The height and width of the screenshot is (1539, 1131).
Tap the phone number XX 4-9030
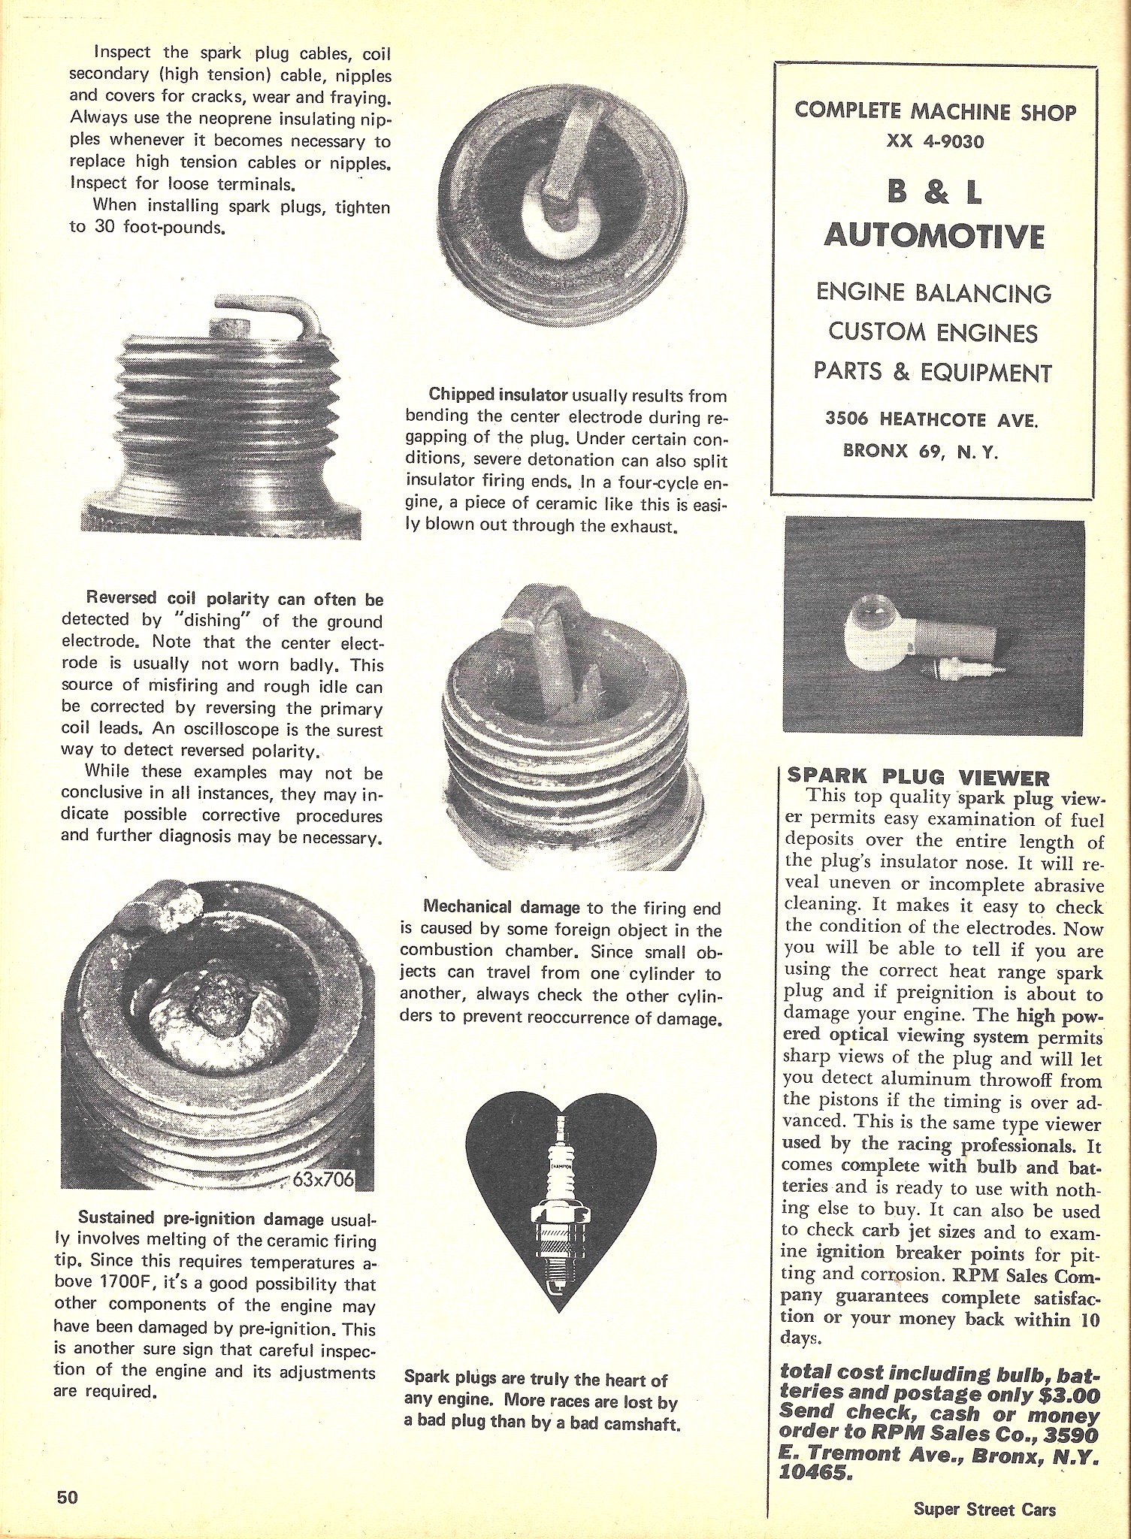pos(934,141)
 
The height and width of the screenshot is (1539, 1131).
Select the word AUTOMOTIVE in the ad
pos(934,235)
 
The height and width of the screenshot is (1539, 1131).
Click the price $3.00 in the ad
pos(1069,1395)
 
